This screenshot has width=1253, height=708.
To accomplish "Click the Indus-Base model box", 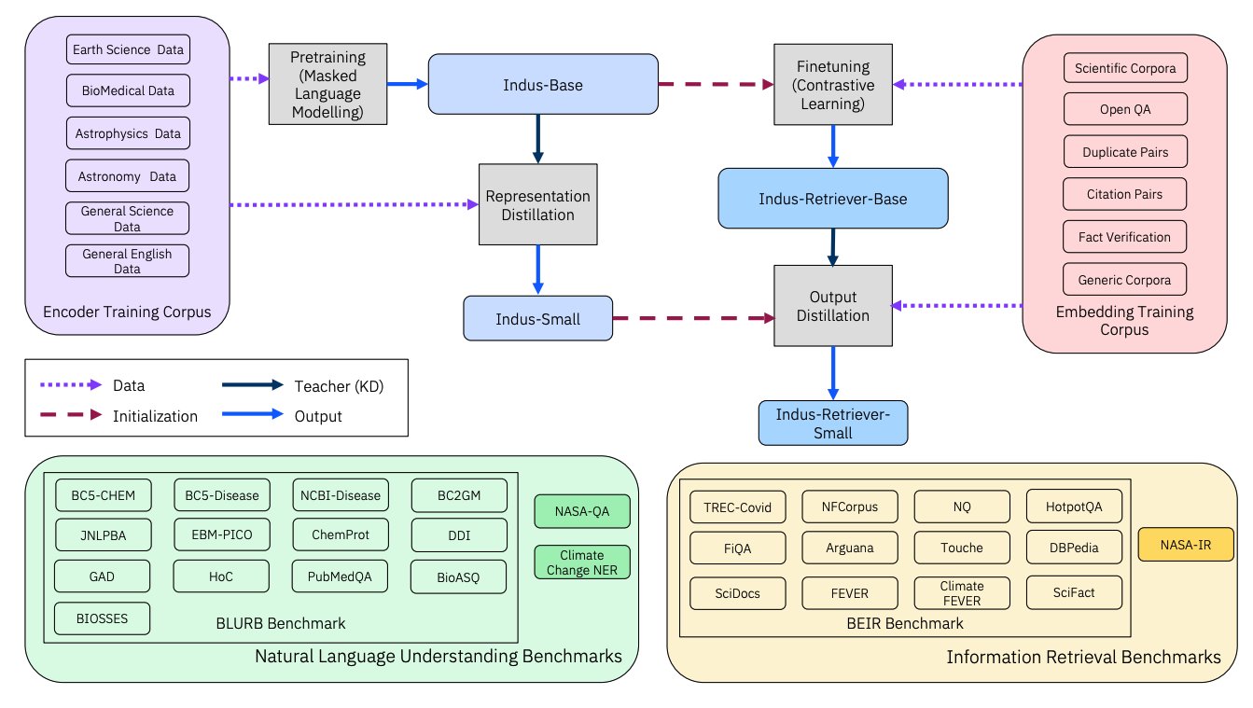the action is pyautogui.click(x=543, y=85).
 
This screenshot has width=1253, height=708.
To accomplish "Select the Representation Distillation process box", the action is pyautogui.click(x=538, y=204).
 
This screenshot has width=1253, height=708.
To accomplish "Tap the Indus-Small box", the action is pyautogui.click(x=538, y=319).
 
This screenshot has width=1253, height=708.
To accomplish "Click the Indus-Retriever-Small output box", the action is pyautogui.click(x=833, y=423).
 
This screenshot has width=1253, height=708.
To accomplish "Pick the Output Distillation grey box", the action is pyautogui.click(x=833, y=306).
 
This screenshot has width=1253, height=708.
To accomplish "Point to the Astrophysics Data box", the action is pyautogui.click(x=128, y=133).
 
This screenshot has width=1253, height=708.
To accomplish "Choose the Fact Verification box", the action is pyautogui.click(x=1124, y=237).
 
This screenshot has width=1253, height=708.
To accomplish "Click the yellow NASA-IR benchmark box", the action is pyautogui.click(x=1186, y=545).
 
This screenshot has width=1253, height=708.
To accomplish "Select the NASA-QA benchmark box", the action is pyautogui.click(x=582, y=511).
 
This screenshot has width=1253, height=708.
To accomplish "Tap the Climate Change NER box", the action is pyautogui.click(x=582, y=562).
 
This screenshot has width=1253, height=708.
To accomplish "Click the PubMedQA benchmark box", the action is pyautogui.click(x=340, y=576).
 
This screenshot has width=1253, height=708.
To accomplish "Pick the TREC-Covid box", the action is pyautogui.click(x=738, y=507).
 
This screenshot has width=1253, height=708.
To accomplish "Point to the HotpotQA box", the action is pyautogui.click(x=1074, y=507).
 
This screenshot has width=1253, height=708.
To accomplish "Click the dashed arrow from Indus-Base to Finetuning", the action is pyautogui.click(x=716, y=85).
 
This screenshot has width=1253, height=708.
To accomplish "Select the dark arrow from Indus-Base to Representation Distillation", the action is pyautogui.click(x=538, y=139).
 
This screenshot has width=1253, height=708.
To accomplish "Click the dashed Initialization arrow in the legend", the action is pyautogui.click(x=71, y=415).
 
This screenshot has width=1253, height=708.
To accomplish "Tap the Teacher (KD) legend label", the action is pyautogui.click(x=339, y=386).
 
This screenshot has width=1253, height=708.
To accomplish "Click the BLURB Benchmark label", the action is pyautogui.click(x=281, y=623).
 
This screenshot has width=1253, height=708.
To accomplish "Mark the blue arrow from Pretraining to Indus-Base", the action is pyautogui.click(x=408, y=85).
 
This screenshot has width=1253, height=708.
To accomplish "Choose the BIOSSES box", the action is pyautogui.click(x=103, y=618).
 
